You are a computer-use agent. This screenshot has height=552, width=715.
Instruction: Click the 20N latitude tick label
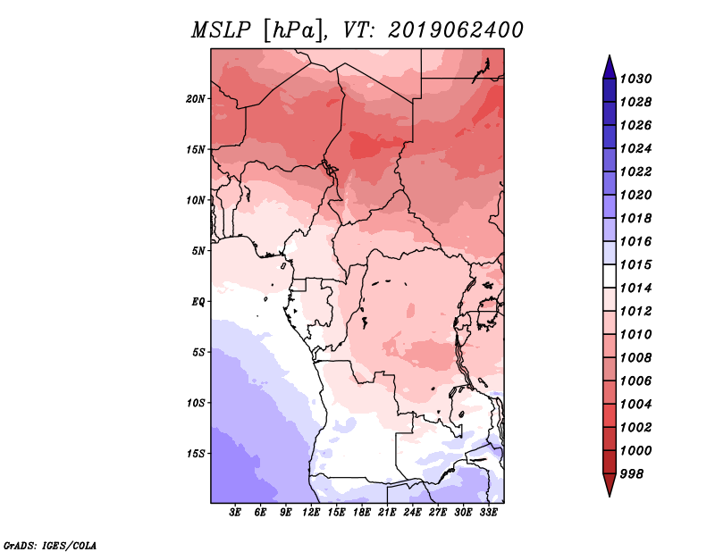click(x=195, y=99)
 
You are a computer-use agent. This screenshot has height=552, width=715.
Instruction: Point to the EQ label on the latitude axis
click(x=198, y=302)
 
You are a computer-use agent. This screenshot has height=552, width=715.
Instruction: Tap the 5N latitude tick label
click(x=198, y=251)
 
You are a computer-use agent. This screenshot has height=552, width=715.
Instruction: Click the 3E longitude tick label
click(x=235, y=513)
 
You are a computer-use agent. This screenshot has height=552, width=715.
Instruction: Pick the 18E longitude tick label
click(x=362, y=513)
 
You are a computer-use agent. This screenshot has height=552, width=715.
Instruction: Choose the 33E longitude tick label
click(x=488, y=513)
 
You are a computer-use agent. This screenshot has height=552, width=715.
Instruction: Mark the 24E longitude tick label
click(x=412, y=513)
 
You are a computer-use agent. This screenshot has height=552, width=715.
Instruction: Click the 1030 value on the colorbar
click(x=635, y=79)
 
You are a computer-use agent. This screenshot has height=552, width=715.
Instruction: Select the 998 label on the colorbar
click(x=632, y=474)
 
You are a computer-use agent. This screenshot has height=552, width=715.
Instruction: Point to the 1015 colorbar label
click(x=635, y=264)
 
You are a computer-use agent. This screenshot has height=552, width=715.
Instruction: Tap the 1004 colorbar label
click(x=635, y=405)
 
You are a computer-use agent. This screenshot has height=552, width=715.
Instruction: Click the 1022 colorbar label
click(x=635, y=171)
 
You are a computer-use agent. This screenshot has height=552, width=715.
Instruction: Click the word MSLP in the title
click(x=221, y=30)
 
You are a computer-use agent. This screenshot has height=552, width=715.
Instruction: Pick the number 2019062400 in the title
click(x=455, y=30)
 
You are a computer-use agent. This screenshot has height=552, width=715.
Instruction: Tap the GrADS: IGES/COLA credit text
click(x=50, y=546)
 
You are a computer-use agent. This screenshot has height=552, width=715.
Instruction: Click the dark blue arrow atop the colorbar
click(x=610, y=68)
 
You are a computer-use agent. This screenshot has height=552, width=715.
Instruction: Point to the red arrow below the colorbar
click(x=610, y=484)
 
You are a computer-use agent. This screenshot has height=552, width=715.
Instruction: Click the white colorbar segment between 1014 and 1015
click(x=610, y=276)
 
